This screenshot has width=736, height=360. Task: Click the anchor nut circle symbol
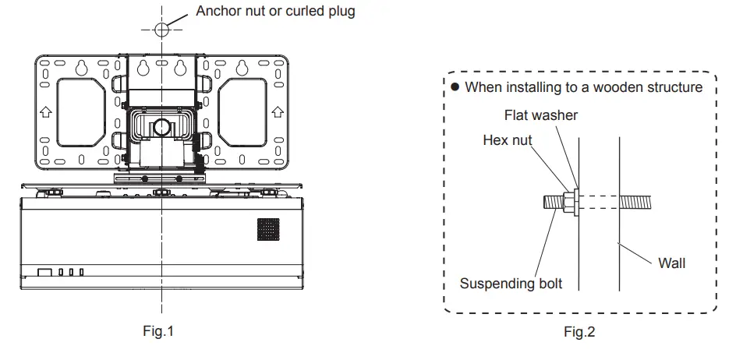click(161, 30)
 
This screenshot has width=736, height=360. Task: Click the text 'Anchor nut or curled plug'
click(275, 12)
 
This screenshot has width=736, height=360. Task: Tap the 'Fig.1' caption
click(159, 332)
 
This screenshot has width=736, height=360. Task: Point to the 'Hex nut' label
click(508, 141)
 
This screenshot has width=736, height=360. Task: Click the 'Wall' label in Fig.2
click(671, 263)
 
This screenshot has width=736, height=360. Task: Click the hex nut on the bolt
click(569, 202)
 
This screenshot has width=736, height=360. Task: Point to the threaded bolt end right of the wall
click(640, 202)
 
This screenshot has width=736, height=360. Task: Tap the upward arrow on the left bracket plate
click(46, 111)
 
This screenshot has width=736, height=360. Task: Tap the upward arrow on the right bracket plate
click(277, 111)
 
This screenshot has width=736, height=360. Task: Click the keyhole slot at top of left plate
click(80, 66)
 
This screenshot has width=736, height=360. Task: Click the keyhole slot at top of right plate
click(242, 66)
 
